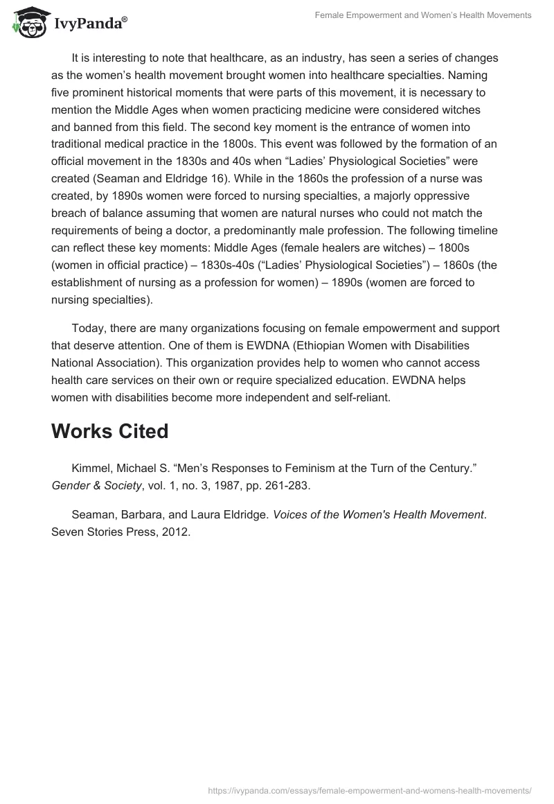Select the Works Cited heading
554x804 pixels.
(x=110, y=431)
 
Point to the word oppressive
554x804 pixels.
(x=439, y=196)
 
